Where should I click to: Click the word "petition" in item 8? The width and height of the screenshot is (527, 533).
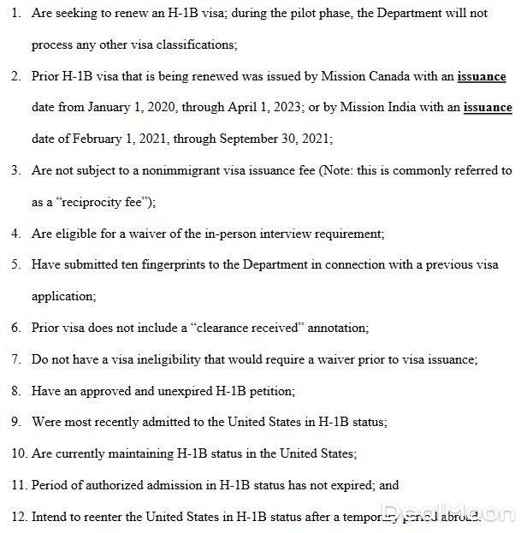click(269, 391)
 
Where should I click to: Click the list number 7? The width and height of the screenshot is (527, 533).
click(15, 359)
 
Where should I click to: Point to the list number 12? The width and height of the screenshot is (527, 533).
click(17, 517)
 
